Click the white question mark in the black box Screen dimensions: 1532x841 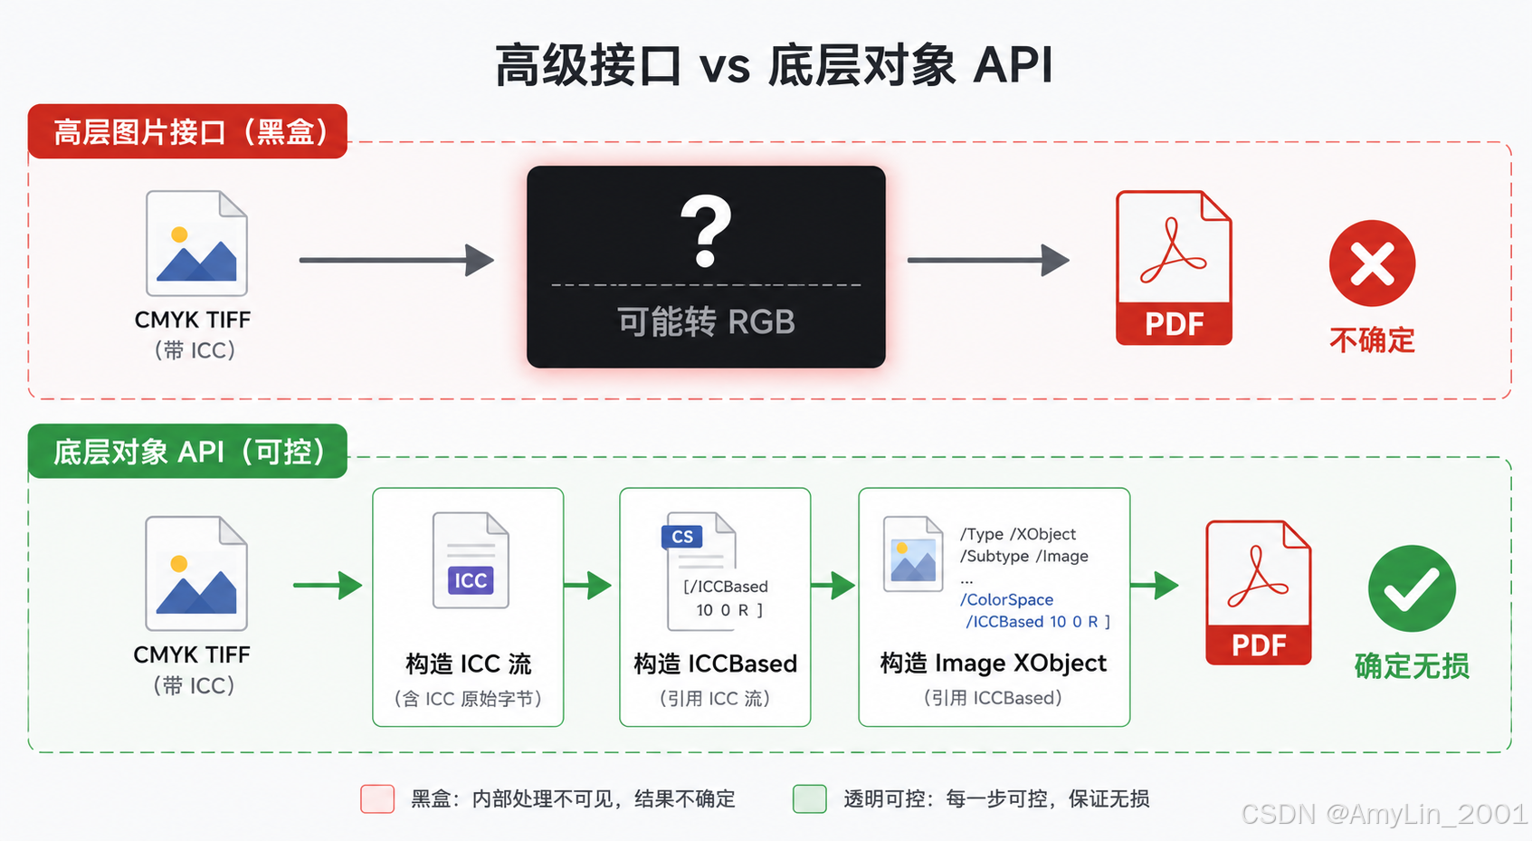pos(706,231)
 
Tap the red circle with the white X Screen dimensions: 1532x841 pos(1372,263)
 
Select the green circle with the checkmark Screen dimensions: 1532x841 pos(1412,588)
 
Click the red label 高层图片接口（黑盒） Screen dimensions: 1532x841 pos(188,131)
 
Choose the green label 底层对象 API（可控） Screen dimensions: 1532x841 pos(188,452)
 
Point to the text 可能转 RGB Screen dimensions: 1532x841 pos(706,321)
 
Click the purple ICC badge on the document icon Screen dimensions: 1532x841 pos(471,580)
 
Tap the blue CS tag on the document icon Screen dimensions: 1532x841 pos(682,537)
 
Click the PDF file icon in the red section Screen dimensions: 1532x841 pos(1174,268)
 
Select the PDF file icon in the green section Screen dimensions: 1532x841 pos(1259,593)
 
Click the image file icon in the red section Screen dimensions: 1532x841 pos(196,244)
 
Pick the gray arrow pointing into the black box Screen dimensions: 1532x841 pos(396,260)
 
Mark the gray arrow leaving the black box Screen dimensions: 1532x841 pos(988,260)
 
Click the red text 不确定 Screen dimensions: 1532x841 pos(1372,340)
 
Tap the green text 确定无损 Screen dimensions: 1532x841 pos(1412,665)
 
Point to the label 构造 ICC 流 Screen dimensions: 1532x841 pos(469,664)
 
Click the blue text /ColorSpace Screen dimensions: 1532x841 pos(1006,599)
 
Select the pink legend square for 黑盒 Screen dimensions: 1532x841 pos(377,798)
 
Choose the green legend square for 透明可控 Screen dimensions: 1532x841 pos(810,798)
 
